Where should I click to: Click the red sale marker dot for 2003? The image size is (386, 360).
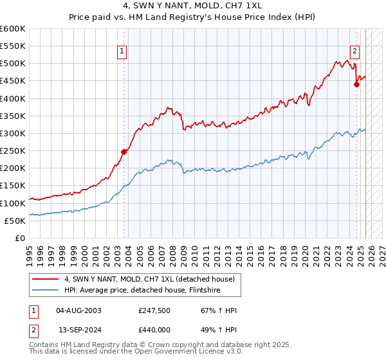click(x=124, y=152)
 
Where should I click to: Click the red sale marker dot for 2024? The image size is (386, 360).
click(x=356, y=84)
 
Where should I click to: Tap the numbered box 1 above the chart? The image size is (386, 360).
click(x=122, y=53)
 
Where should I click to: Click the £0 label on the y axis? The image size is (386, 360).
click(x=21, y=238)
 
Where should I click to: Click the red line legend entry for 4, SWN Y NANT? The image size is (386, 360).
click(x=152, y=279)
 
